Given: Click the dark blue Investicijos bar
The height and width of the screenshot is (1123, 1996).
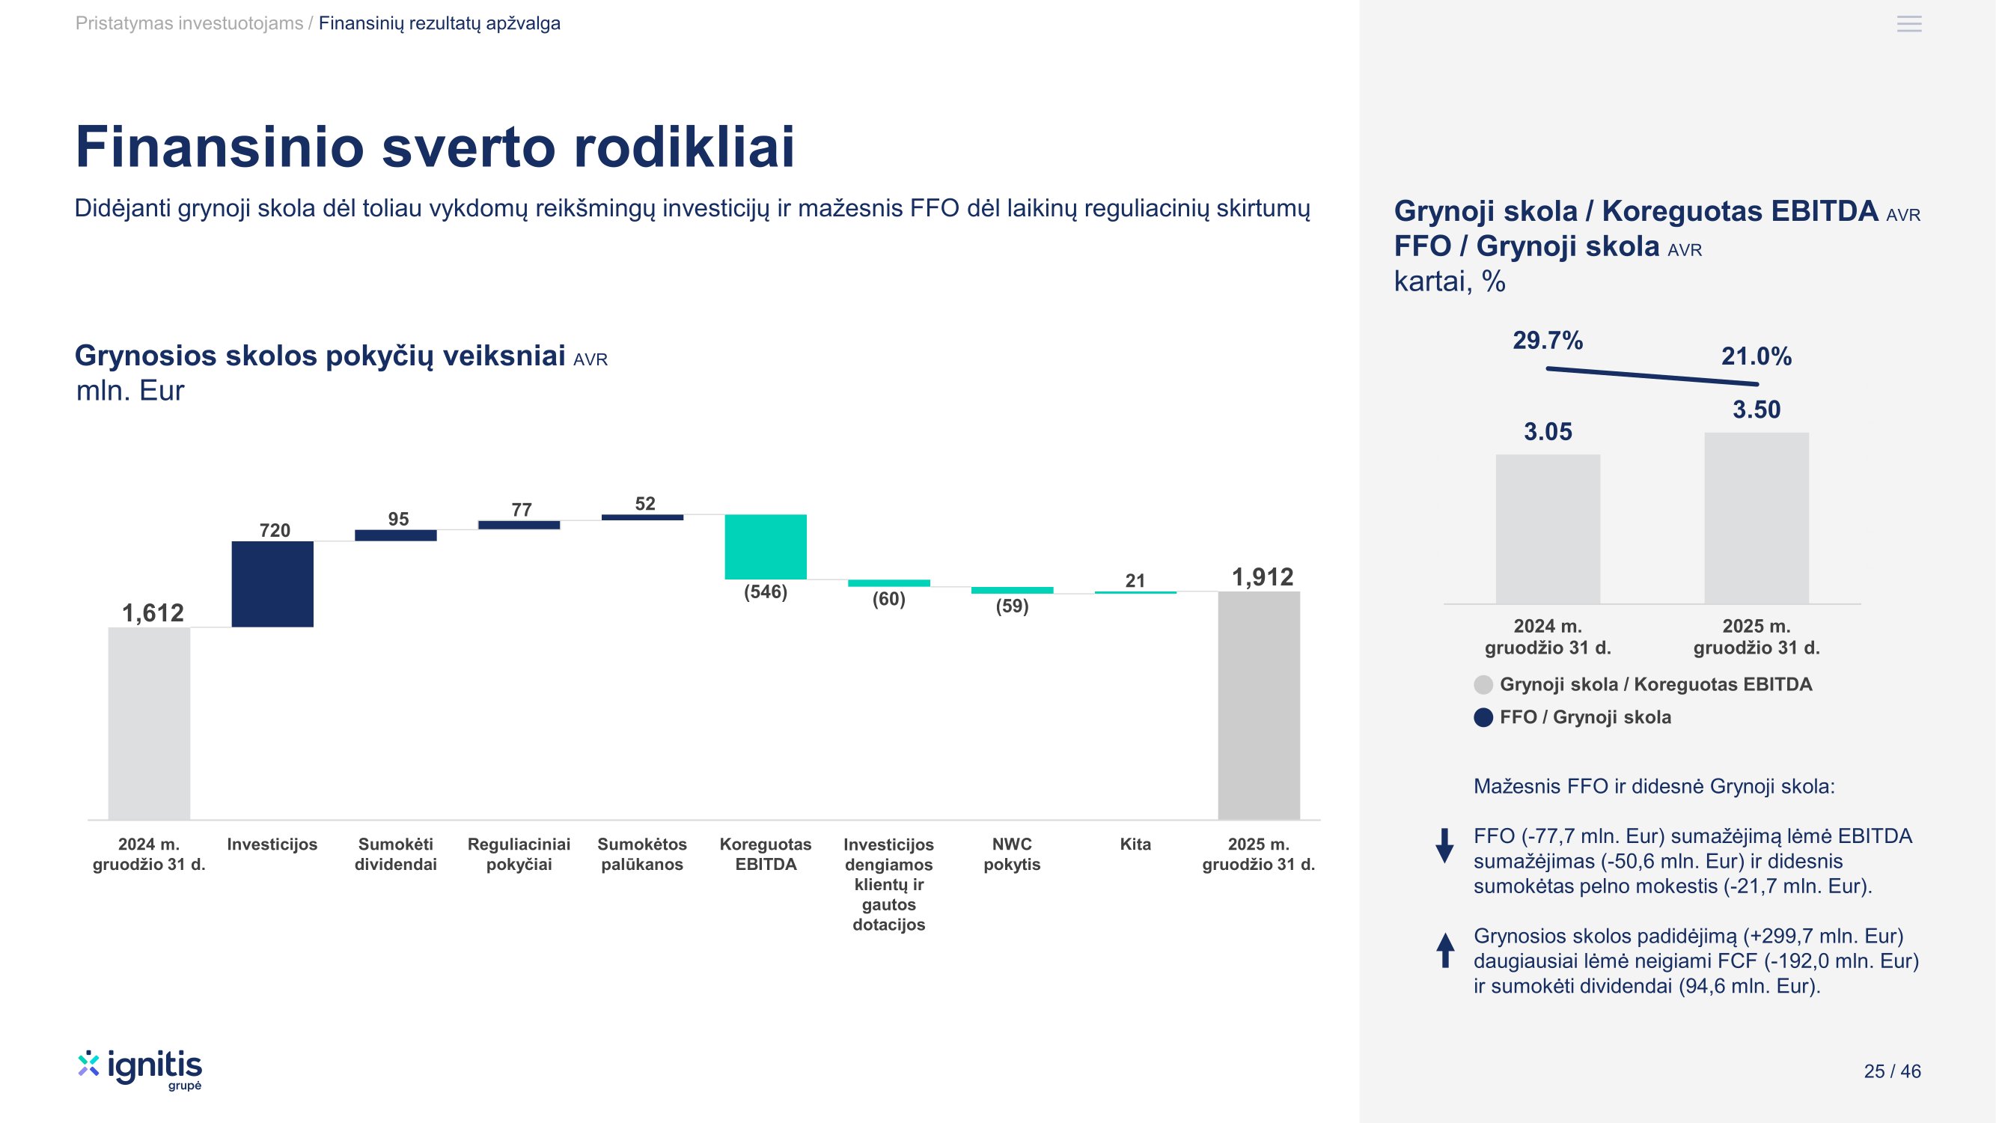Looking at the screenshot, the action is click(x=272, y=584).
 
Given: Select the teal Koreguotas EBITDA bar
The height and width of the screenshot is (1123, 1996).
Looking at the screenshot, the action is click(x=766, y=547).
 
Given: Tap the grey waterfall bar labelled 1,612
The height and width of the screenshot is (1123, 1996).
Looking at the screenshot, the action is click(x=149, y=723).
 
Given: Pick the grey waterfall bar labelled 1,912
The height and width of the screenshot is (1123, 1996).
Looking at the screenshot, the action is click(x=1259, y=705).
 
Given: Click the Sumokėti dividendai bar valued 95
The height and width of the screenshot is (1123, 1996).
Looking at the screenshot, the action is click(x=396, y=535).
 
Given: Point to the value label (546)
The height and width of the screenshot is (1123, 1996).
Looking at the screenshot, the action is click(x=766, y=592).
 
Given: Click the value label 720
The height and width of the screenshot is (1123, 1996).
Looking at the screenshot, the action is click(x=275, y=530).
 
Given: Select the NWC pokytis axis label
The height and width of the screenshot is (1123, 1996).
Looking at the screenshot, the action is click(x=1012, y=854).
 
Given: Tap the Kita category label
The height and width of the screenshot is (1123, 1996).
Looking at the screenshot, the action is click(x=1135, y=844).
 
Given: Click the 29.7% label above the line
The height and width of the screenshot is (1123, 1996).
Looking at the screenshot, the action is click(x=1548, y=340).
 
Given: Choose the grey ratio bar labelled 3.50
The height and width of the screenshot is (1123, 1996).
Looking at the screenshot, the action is click(x=1757, y=518).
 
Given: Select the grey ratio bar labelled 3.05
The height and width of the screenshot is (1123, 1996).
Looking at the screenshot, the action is click(x=1548, y=529).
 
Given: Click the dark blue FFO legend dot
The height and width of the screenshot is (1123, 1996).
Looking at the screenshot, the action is click(x=1483, y=717).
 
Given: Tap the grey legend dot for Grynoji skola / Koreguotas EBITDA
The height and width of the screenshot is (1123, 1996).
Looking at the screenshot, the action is click(x=1483, y=684).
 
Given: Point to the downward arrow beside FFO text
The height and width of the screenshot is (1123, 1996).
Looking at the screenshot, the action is click(x=1445, y=845).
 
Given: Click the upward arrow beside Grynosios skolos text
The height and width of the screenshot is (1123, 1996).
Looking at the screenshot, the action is click(x=1445, y=950).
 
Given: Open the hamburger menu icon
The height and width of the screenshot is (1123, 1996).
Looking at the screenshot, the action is click(x=1909, y=24).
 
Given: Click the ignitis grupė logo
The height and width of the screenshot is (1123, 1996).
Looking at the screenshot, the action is click(x=140, y=1071).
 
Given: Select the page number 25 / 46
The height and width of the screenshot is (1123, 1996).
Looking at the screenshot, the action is click(x=1892, y=1071).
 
